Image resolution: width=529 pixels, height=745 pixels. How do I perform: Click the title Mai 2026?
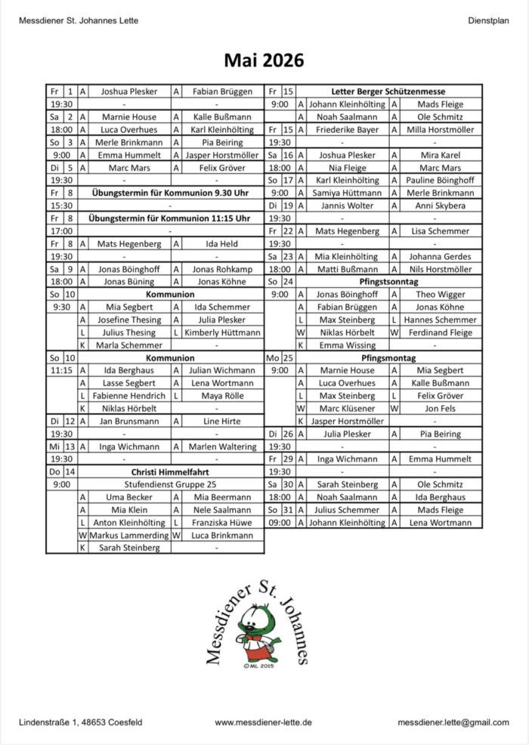coord(264,60)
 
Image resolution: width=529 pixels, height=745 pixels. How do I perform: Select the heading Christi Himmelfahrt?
coord(154,471)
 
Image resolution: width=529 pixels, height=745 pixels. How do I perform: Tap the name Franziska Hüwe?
coord(221,522)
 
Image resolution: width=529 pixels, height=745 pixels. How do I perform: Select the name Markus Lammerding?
coord(124,535)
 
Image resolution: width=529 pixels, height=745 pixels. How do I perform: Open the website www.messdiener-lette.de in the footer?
coord(263,722)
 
